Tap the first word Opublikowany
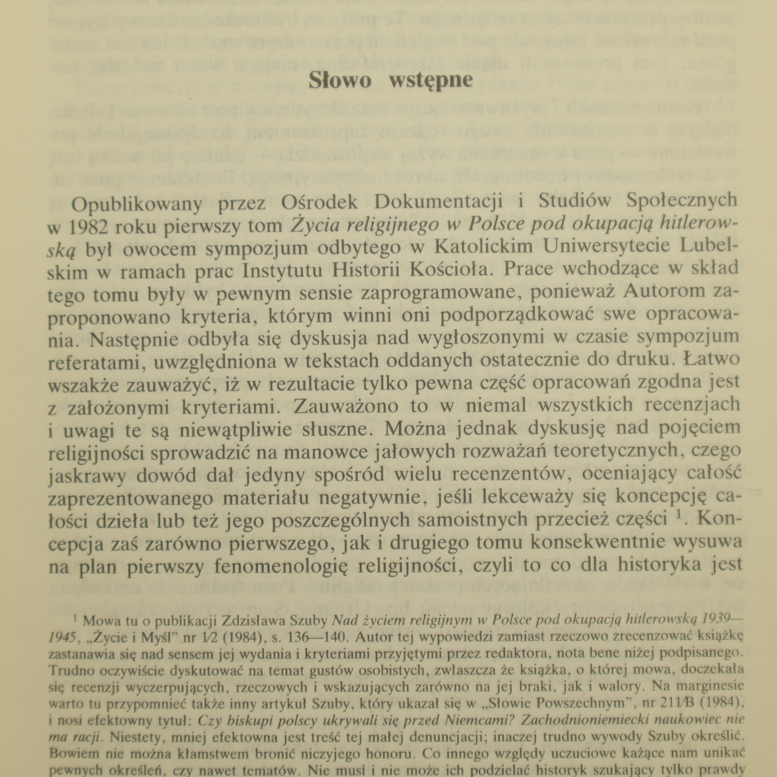(x=136, y=204)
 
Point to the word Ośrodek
(x=309, y=203)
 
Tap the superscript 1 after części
(x=680, y=516)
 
